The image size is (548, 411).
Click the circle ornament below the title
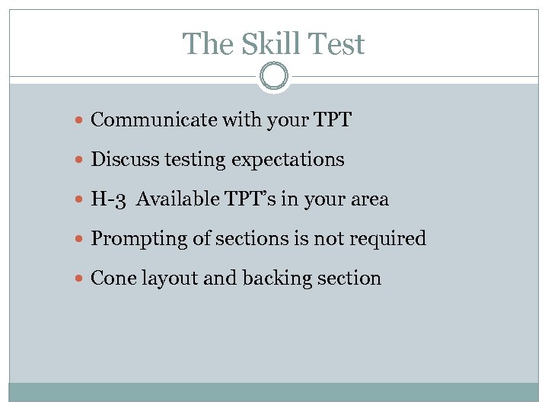coord(273,77)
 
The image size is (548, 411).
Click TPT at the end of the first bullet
coord(332,119)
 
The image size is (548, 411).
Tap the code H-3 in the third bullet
coord(108,199)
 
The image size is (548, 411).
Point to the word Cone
coord(110,279)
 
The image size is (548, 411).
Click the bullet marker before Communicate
coord(81,120)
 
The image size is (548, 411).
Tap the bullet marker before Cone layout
coord(81,279)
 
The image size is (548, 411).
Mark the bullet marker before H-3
coord(81,200)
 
